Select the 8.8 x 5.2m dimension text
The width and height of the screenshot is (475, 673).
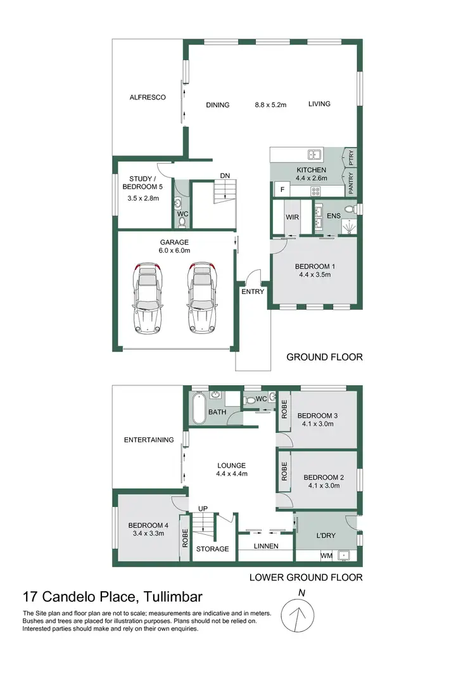[271, 105]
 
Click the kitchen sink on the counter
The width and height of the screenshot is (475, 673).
[313, 154]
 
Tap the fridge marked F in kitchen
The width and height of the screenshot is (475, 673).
[281, 189]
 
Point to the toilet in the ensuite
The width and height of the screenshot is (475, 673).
[348, 209]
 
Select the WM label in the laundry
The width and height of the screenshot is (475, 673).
[326, 556]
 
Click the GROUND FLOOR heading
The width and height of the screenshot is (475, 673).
[324, 357]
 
